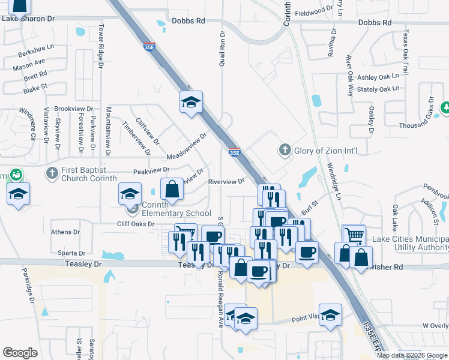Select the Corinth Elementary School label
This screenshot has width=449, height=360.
(176, 209)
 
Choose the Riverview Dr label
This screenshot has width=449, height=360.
(226, 181)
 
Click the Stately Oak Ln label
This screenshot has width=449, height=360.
(378, 89)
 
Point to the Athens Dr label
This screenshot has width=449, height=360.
(65, 232)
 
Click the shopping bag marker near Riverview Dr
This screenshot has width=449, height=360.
(172, 188)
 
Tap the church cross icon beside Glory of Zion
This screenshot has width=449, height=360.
(285, 149)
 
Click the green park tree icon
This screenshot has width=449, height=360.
(445, 107)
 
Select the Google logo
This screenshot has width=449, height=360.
(20, 353)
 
